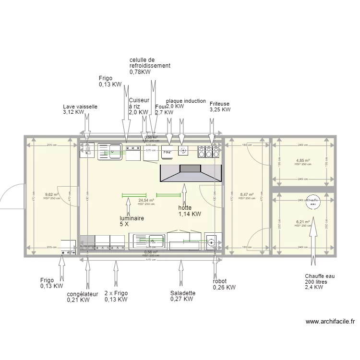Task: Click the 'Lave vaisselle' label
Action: click(80, 107)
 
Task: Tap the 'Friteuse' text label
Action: click(219, 103)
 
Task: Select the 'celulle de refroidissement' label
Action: click(150, 63)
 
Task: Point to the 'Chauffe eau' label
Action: click(319, 276)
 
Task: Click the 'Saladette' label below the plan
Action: click(182, 293)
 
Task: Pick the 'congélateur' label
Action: click(83, 294)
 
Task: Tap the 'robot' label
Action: click(220, 281)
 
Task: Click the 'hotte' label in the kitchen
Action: click(185, 208)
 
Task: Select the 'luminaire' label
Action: click(132, 218)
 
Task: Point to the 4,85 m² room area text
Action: click(303, 161)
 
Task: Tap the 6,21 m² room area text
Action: click(303, 222)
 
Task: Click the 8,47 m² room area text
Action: click(247, 195)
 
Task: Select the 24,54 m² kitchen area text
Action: click(146, 201)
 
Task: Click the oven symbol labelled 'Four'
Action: click(167, 152)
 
